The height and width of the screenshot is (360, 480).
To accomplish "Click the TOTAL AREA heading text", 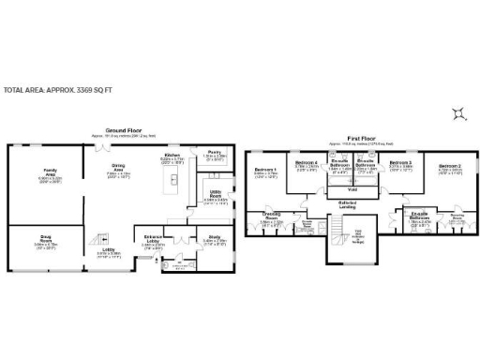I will click(58, 90).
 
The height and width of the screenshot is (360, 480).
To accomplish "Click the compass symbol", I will click(457, 114).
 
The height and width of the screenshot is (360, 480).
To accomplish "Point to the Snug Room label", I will click(46, 241).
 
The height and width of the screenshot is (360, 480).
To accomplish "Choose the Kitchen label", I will click(172, 156).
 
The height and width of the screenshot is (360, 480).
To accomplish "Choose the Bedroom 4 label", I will click(307, 164).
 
